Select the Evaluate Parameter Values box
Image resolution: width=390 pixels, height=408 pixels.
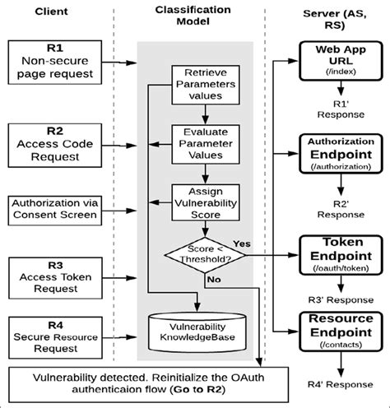click(197, 141)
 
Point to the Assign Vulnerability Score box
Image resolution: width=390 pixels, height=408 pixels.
click(197, 201)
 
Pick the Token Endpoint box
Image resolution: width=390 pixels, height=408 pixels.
click(332, 249)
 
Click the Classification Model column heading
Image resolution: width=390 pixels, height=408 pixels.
click(197, 17)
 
